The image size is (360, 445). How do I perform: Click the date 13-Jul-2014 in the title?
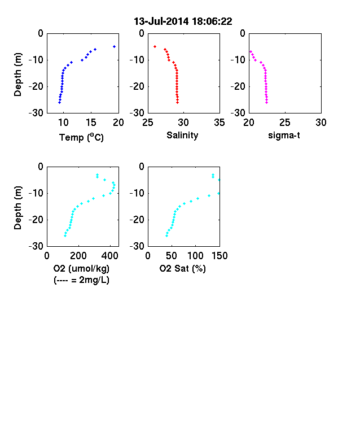tap(161, 21)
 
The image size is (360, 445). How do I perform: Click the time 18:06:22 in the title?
tap(212, 21)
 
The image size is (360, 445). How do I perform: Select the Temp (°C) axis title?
tap(81, 137)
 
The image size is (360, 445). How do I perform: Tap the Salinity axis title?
tap(182, 136)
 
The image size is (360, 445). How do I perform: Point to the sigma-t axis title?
tap(284, 136)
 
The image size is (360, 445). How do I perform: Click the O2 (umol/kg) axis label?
tap(81, 268)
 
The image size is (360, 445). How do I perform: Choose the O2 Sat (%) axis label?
tap(183, 268)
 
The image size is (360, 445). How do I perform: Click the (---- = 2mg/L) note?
tap(81, 280)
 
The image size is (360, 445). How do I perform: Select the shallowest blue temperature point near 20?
tap(114, 46)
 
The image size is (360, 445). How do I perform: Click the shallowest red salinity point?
tap(155, 46)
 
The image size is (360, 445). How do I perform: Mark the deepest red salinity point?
tap(177, 102)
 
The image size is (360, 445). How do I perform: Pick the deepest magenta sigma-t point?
tap(267, 102)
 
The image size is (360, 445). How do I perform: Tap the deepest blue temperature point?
tap(59, 102)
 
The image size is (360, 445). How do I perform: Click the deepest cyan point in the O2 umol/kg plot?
tap(65, 236)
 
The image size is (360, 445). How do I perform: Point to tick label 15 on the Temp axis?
tap(91, 123)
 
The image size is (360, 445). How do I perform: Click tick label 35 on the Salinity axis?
tap(219, 123)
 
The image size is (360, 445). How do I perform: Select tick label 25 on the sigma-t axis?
tap(285, 123)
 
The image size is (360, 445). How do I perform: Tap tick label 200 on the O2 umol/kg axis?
tap(78, 256)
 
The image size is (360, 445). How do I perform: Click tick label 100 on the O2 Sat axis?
tap(196, 256)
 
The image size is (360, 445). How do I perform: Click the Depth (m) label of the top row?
tap(17, 75)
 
